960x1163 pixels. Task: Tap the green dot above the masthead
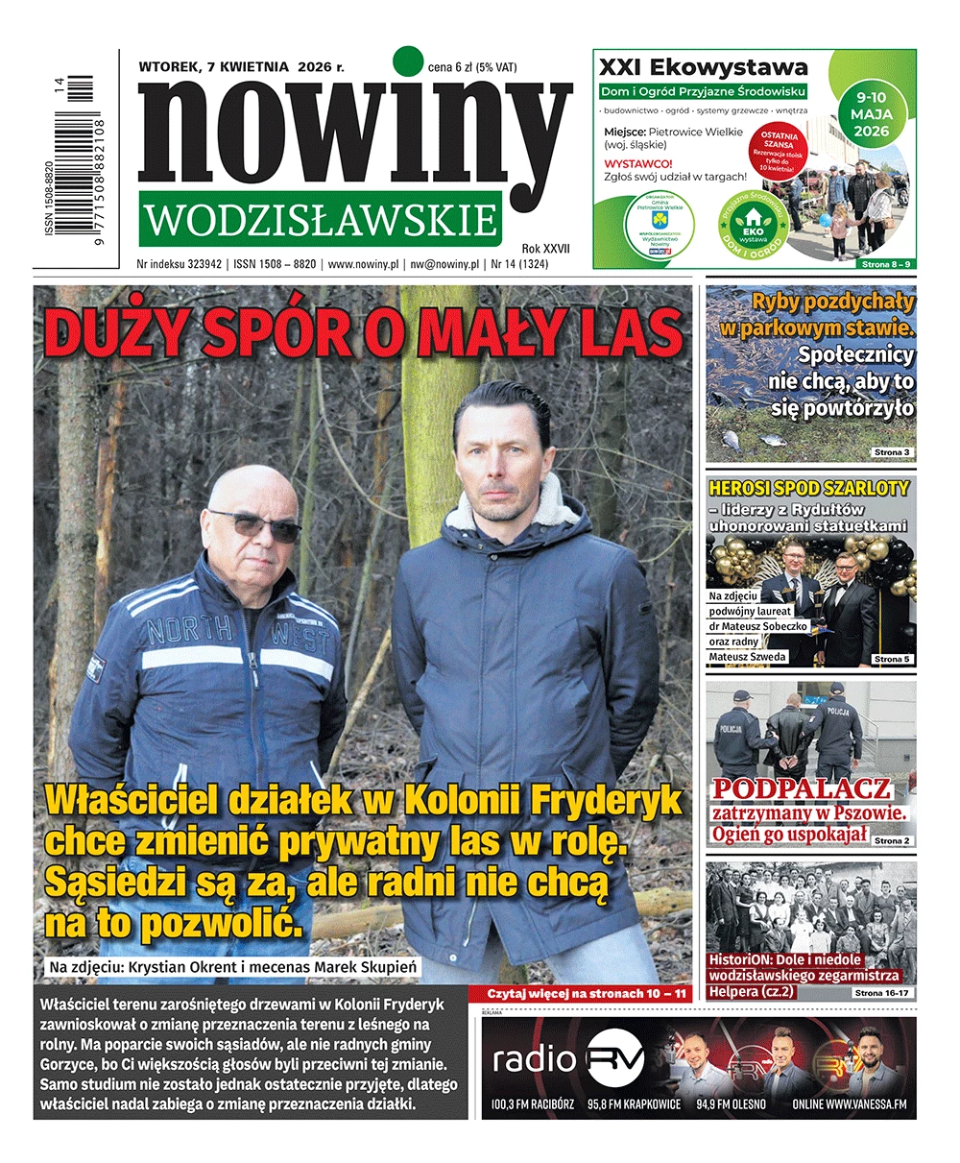pos(409,61)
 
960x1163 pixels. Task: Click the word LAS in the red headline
pos(628,333)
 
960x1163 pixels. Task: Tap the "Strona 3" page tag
pos(892,451)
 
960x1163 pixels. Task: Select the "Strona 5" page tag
pos(892,659)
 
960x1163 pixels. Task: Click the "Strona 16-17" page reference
pos(881,992)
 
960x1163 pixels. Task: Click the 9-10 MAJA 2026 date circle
pos(870,113)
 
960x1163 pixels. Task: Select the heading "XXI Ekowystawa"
pos(703,67)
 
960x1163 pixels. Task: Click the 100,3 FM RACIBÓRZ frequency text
pos(534,1104)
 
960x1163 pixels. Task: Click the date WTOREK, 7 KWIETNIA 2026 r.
pos(241,67)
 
